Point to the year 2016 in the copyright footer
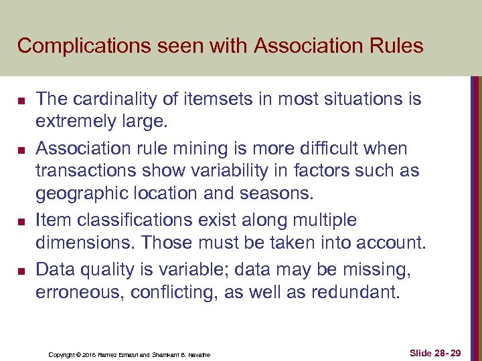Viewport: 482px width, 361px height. pyautogui.click(x=91, y=354)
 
